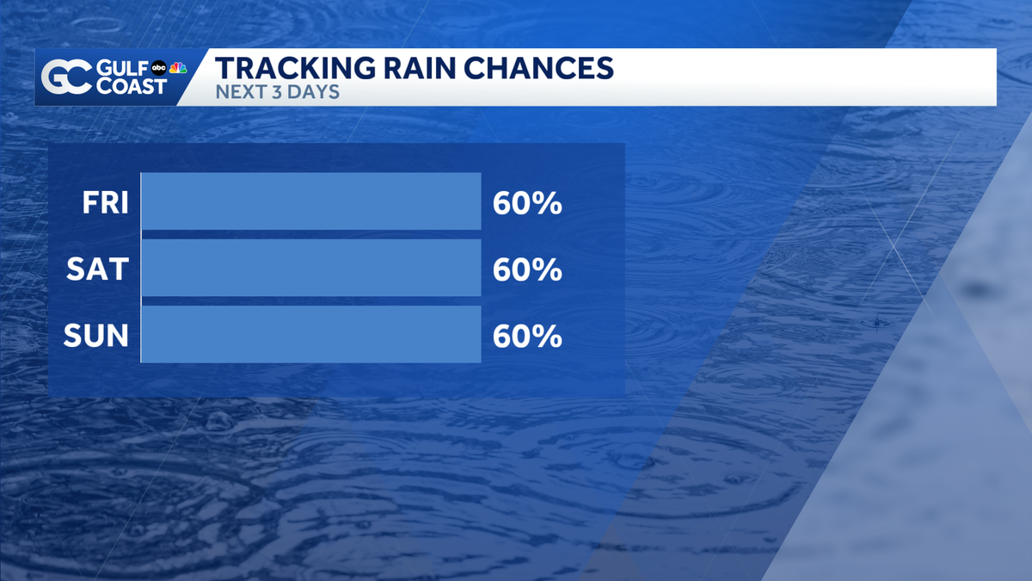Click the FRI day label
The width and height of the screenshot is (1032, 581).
point(105,202)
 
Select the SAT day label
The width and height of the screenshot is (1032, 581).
point(98,269)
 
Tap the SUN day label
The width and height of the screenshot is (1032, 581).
point(95,335)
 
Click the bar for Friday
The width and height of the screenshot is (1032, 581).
point(311,201)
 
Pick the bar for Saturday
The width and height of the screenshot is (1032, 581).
point(311,268)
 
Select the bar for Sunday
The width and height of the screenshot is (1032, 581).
point(311,334)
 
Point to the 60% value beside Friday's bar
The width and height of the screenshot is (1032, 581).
point(527,203)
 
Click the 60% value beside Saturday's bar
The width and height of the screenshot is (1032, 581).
point(527,269)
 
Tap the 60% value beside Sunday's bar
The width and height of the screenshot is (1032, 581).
point(527,336)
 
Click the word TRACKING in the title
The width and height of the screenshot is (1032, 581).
point(295,68)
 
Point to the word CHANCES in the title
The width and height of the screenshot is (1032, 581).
point(538,68)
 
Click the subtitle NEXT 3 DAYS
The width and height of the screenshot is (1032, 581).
point(277,92)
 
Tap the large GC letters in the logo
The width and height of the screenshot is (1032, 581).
point(67,77)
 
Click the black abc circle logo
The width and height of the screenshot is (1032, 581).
point(159,68)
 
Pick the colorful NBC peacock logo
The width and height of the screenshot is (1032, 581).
point(178,68)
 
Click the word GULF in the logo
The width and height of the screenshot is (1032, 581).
point(122,69)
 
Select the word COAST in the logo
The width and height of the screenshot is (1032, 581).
point(132,86)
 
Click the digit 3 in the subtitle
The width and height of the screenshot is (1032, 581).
point(276,92)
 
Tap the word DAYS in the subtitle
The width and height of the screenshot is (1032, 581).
point(313,92)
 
